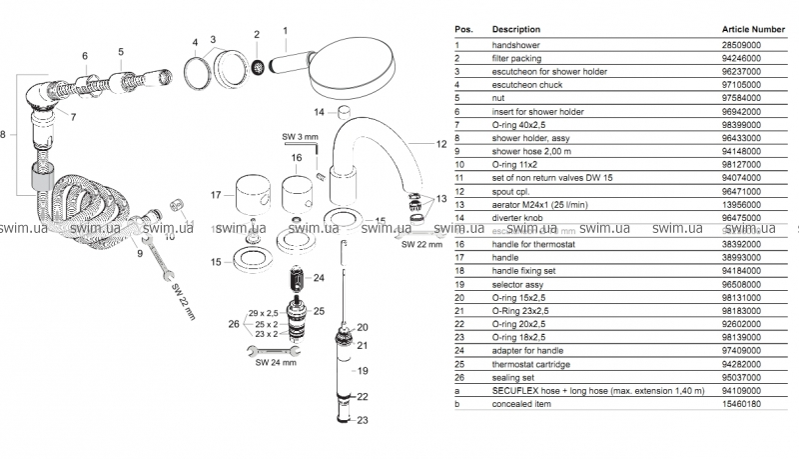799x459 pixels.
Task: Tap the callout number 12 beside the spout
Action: [440, 145]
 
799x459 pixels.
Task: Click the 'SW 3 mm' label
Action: [299, 136]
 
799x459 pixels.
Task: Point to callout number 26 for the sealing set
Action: [233, 324]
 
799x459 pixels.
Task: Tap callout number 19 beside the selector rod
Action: [364, 370]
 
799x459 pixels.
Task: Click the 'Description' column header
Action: [516, 29]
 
